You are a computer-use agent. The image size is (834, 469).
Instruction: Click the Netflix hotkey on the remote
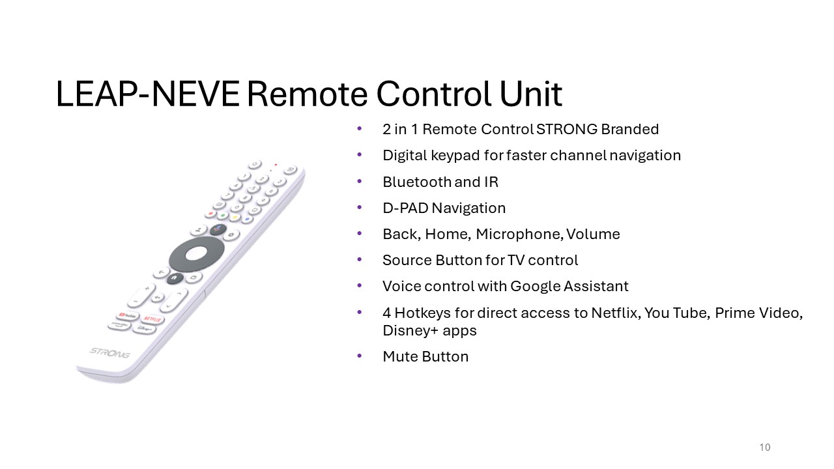click(x=152, y=319)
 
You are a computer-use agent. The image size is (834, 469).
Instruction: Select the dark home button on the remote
click(x=175, y=278)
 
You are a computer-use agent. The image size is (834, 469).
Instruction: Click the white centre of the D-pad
click(x=196, y=254)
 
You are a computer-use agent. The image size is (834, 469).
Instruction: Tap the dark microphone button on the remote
click(x=218, y=229)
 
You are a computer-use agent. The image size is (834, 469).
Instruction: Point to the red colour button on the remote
click(x=210, y=214)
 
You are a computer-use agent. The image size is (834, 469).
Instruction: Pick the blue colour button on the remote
click(x=247, y=220)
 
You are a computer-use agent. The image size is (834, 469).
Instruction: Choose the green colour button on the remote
click(x=223, y=215)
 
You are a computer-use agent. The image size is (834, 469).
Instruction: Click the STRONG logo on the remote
click(x=110, y=353)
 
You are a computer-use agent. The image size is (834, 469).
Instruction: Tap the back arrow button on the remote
click(x=161, y=273)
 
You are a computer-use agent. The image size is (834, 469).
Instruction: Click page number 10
click(x=765, y=447)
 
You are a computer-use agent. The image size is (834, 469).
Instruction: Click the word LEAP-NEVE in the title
click(x=148, y=94)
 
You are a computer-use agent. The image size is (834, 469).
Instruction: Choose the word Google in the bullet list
click(x=535, y=287)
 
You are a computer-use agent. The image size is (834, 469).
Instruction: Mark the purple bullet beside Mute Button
click(x=359, y=356)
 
